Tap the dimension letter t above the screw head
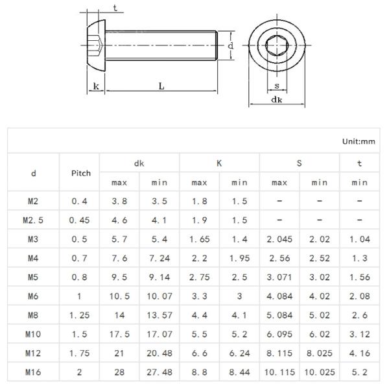(114, 8)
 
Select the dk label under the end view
(276, 99)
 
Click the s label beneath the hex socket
(277, 85)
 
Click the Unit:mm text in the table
(359, 141)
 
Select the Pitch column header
(80, 173)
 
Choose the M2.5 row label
(33, 220)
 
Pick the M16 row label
(33, 372)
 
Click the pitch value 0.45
(80, 220)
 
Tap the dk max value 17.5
(120, 335)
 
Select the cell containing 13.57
(159, 315)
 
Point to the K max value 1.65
(200, 239)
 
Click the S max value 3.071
(279, 277)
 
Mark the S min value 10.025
(320, 372)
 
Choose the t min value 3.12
(359, 335)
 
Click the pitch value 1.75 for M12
(80, 353)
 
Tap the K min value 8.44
(239, 372)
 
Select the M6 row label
(33, 296)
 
